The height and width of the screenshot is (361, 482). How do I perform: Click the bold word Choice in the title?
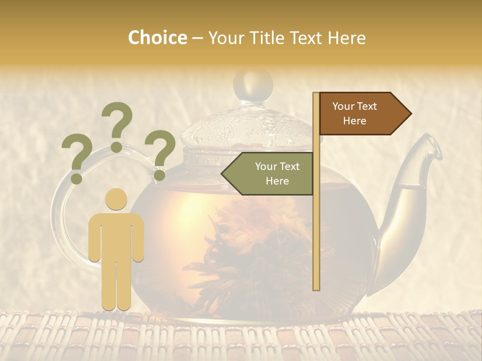tap(157, 38)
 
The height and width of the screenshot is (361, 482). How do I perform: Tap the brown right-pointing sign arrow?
tap(365, 114)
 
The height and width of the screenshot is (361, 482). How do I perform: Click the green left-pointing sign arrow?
tap(268, 173)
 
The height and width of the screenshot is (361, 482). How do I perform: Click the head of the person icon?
tap(116, 200)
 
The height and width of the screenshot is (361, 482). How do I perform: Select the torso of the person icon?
tap(116, 236)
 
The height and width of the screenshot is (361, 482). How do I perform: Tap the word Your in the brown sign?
tap(343, 106)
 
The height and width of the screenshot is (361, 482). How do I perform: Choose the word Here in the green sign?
tap(277, 181)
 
